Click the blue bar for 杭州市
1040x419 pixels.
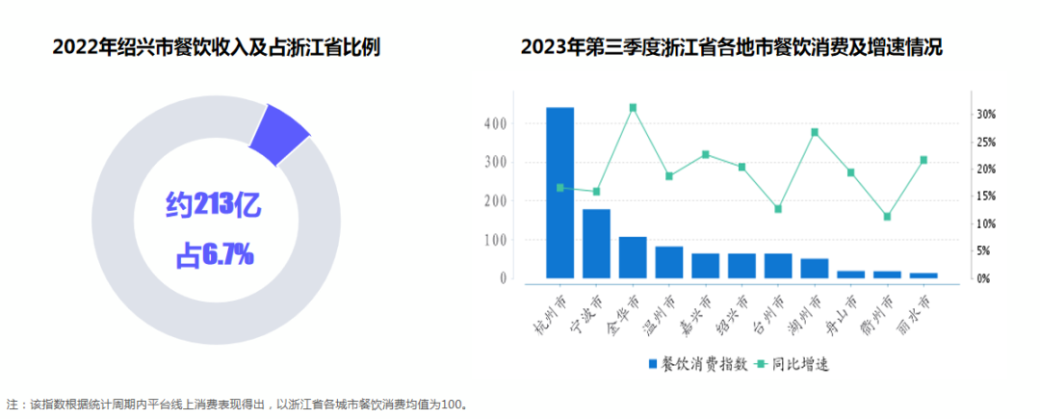click(x=559, y=193)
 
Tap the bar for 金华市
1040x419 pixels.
click(x=633, y=257)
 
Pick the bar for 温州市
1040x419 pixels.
click(x=669, y=262)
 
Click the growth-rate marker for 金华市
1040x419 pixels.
click(x=633, y=108)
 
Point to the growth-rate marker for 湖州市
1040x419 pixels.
click(x=815, y=132)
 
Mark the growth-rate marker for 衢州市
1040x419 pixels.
click(x=887, y=217)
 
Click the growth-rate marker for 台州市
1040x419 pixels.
click(x=778, y=209)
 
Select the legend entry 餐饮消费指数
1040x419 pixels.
click(x=697, y=364)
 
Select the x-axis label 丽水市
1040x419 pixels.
click(x=922, y=312)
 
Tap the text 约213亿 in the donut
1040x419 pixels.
click(x=213, y=204)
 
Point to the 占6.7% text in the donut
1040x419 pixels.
click(x=214, y=254)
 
